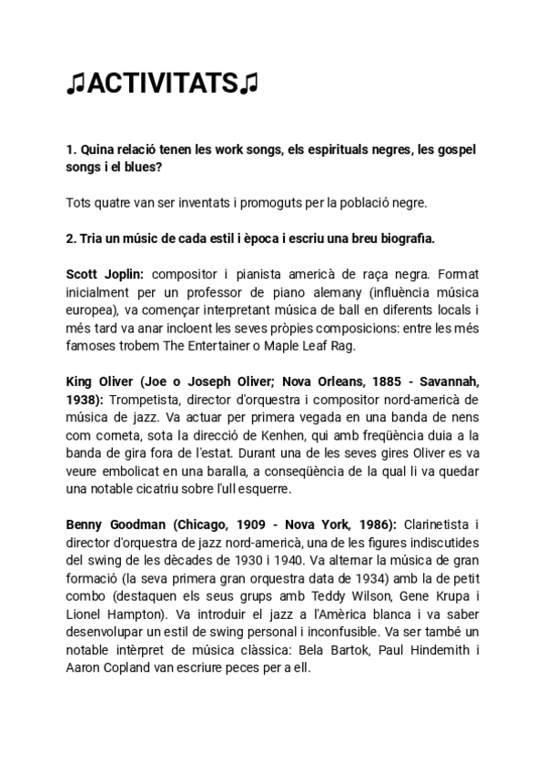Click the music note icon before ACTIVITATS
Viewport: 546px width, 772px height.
coord(75,85)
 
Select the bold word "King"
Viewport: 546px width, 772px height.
coord(82,381)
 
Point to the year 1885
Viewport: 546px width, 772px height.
coord(352,381)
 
